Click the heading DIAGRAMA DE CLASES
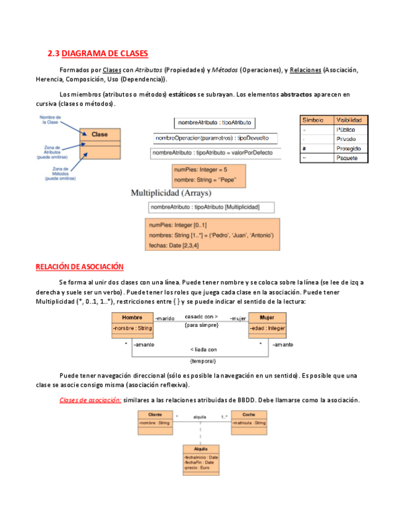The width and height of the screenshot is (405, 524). pos(98,54)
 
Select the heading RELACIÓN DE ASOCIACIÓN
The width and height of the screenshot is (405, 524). pos(80,266)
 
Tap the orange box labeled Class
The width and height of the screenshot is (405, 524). pos(100,134)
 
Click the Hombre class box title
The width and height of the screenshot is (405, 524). pos(132,318)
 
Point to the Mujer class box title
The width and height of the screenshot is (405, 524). pos(267,318)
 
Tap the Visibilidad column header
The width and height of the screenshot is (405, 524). pos(350,120)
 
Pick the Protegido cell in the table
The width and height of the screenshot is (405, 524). pos(350,148)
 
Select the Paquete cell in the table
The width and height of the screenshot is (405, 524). pos(350,158)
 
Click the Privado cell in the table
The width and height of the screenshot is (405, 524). pos(350,139)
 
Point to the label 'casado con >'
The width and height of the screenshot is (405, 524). pos(201,316)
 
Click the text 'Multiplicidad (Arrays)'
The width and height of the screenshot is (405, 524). pos(171,193)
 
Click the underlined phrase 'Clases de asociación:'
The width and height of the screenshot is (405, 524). pos(90,400)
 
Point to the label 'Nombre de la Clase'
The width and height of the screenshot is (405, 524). pos(49,119)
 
